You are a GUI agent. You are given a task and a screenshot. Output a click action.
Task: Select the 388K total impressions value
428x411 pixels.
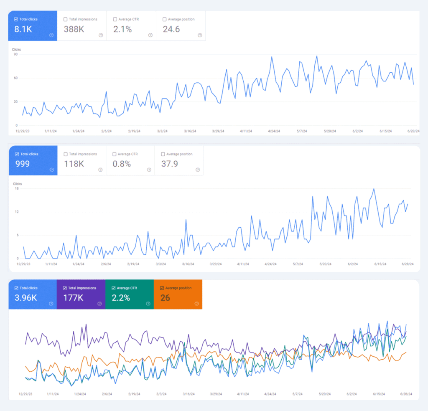(74, 29)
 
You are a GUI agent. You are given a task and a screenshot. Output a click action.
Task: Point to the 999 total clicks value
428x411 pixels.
(22, 164)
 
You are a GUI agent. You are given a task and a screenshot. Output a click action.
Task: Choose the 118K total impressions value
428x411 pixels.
(74, 164)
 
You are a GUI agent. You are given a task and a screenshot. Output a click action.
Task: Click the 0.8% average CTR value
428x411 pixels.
(122, 164)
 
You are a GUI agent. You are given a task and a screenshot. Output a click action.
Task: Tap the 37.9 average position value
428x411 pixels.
(170, 164)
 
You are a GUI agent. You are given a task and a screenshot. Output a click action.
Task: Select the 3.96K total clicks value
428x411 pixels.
(25, 298)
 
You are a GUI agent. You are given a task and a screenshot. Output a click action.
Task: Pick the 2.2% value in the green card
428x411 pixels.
(120, 298)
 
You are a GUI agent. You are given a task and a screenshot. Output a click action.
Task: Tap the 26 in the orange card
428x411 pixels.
(165, 298)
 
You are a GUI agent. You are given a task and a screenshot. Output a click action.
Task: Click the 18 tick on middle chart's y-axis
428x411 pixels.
(17, 188)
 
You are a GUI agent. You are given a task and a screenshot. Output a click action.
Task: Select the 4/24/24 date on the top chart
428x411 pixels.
(274, 131)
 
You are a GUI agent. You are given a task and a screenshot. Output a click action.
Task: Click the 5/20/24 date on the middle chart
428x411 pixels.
(326, 264)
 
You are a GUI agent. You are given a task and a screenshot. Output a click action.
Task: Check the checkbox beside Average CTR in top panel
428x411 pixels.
(115, 19)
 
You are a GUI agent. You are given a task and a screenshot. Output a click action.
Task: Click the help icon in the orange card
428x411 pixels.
(196, 304)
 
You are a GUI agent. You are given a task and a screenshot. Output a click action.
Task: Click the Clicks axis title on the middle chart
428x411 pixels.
(17, 184)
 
